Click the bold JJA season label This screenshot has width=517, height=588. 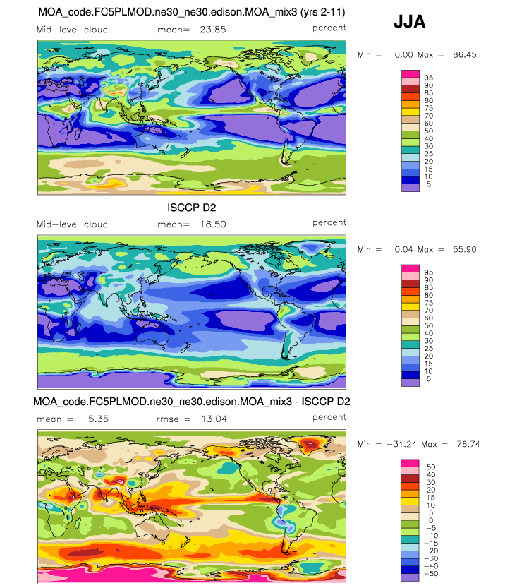tap(410, 22)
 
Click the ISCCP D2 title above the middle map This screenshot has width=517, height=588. tap(191, 208)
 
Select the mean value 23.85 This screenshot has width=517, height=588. tap(213, 30)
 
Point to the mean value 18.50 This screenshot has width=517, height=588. tap(213, 224)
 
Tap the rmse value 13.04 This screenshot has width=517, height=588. tap(214, 419)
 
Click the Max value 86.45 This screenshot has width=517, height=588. tap(465, 55)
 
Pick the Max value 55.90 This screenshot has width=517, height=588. tap(465, 249)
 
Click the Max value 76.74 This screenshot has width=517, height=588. tap(468, 444)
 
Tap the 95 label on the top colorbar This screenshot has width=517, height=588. tap(429, 78)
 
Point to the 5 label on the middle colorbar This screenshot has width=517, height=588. tap(429, 379)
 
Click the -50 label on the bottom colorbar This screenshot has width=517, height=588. tap(431, 574)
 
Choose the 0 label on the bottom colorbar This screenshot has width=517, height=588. tap(431, 520)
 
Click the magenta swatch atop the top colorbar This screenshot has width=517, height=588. tap(410, 74)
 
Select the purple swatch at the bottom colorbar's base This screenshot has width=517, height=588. tap(410, 577)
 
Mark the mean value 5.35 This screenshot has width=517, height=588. tap(99, 419)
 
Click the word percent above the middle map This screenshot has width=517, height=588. tap(329, 223)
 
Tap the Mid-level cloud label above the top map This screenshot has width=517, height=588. tap(73, 30)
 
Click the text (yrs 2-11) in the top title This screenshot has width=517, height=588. tap(322, 12)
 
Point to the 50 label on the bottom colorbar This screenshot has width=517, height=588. tap(431, 467)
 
